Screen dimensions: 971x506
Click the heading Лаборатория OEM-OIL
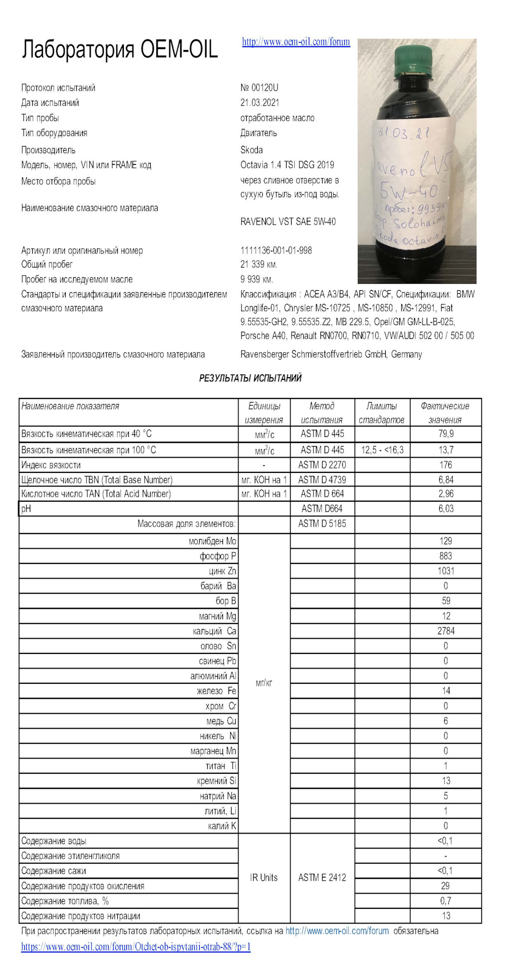point(120,50)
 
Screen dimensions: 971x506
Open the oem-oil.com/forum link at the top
point(296,42)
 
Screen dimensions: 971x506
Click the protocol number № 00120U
point(259,87)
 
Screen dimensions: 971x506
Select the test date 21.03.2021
point(260,103)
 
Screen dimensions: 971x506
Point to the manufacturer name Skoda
point(251,150)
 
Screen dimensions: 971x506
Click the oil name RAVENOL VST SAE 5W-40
point(288,222)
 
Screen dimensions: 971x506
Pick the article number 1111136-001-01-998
point(276,250)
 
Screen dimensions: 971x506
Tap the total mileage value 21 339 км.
point(259,264)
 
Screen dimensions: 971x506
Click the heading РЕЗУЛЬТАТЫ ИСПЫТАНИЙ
point(250,378)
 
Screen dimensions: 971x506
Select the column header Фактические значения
point(445,413)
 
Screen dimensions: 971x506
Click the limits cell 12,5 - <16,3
point(382,450)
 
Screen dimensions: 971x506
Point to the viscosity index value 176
point(445,465)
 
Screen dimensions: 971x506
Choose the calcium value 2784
point(446,631)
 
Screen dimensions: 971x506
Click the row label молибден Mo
point(212,541)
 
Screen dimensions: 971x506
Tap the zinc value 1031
point(446,571)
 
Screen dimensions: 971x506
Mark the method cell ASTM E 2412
point(322,877)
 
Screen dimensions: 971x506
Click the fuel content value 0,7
point(445,901)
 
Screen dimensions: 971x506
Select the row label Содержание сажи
point(54,871)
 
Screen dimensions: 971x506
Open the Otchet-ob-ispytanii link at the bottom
point(136,947)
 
